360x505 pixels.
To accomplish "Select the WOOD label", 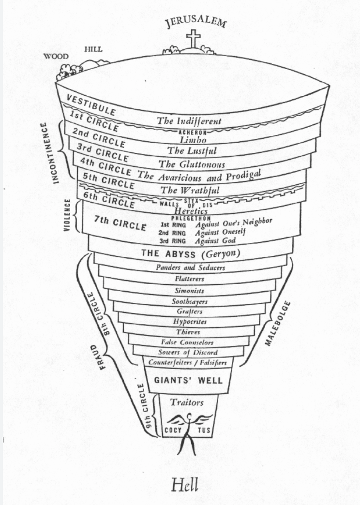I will [x=56, y=56].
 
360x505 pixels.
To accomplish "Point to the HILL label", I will [x=93, y=49].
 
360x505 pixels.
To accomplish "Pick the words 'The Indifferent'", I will [x=189, y=121].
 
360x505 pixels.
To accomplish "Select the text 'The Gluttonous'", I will [x=192, y=164].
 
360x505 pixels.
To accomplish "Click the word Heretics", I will [x=191, y=211].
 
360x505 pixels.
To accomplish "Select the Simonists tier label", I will [x=189, y=291].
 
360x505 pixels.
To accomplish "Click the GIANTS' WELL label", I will [x=188, y=380].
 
